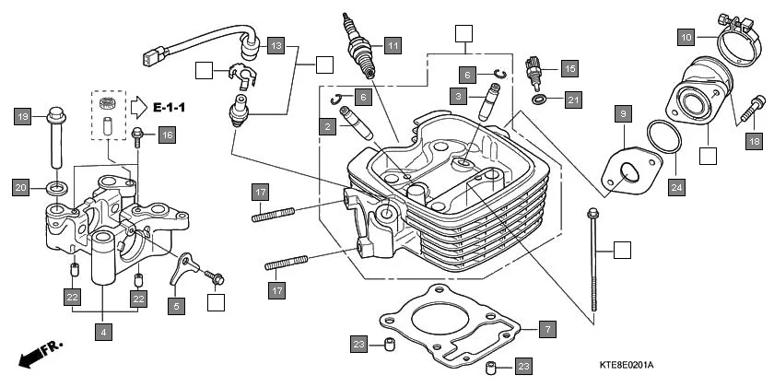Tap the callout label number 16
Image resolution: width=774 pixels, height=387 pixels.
pyautogui.click(x=166, y=135)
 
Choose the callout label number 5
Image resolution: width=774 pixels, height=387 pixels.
pyautogui.click(x=175, y=302)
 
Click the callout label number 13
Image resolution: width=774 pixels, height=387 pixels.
pyautogui.click(x=276, y=44)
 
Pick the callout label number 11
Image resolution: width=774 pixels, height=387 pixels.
pyautogui.click(x=393, y=44)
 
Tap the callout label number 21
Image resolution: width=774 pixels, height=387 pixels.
pyautogui.click(x=572, y=100)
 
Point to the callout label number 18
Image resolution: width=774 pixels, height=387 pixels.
pyautogui.click(x=754, y=141)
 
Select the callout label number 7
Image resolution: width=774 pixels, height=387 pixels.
pyautogui.click(x=545, y=329)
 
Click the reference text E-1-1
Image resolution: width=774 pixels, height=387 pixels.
pyautogui.click(x=169, y=108)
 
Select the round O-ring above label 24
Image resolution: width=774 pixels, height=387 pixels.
pyautogui.click(x=661, y=140)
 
